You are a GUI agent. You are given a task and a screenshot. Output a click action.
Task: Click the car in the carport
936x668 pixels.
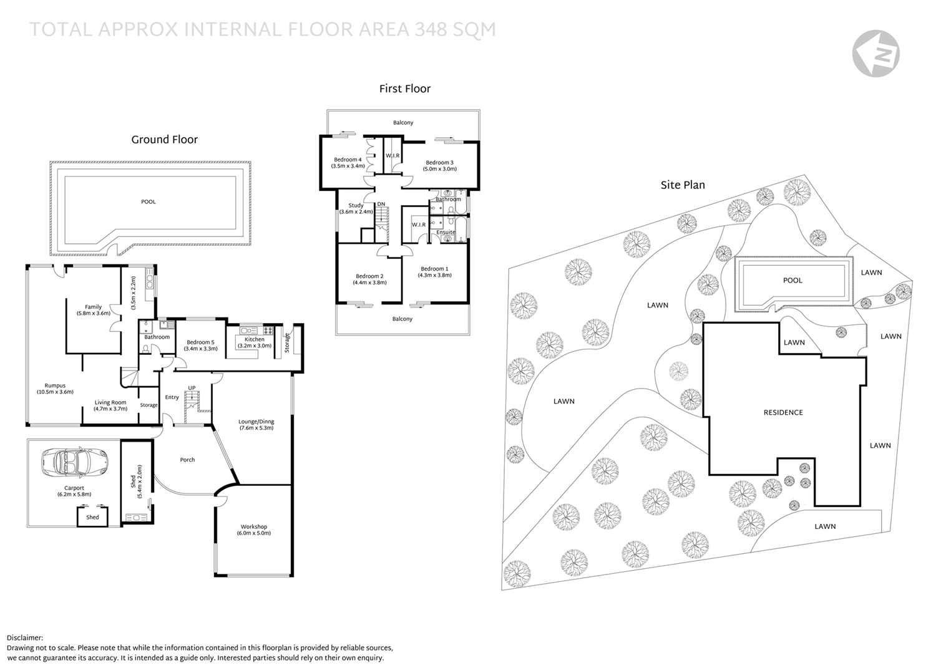tap(75, 462)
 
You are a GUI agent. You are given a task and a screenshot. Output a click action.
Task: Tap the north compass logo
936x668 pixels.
tap(876, 54)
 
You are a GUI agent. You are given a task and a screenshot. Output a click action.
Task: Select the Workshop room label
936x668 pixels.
tap(253, 530)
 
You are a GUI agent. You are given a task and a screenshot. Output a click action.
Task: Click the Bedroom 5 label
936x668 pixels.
tap(200, 345)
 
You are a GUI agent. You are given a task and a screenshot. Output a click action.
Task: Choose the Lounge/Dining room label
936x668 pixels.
tap(256, 425)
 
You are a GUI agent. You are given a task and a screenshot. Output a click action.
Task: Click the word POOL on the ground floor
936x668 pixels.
tap(149, 202)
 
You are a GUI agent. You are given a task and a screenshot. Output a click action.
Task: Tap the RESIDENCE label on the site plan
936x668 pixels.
tap(783, 412)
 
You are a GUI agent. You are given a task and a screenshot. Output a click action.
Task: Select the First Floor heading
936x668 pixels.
tap(404, 89)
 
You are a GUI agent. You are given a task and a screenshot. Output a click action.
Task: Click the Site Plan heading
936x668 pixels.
tap(683, 185)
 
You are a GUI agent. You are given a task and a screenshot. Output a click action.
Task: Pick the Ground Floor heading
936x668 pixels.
tap(164, 140)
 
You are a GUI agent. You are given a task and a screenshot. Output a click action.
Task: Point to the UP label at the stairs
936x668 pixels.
tap(192, 388)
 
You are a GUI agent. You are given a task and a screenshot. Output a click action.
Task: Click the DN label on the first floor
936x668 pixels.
tap(381, 205)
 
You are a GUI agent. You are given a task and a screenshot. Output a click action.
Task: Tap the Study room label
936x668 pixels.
tap(356, 208)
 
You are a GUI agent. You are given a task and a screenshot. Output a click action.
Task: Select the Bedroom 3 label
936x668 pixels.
tap(439, 165)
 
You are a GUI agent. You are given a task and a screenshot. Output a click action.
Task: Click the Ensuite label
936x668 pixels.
tap(446, 232)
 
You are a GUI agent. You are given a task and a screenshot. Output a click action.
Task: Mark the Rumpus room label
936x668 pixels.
tap(55, 389)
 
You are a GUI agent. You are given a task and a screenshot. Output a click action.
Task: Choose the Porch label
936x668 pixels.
tap(187, 460)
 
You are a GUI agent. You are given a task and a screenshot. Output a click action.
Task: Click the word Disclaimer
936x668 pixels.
tap(25, 638)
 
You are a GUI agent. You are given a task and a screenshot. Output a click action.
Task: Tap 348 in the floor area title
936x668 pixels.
tap(431, 30)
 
